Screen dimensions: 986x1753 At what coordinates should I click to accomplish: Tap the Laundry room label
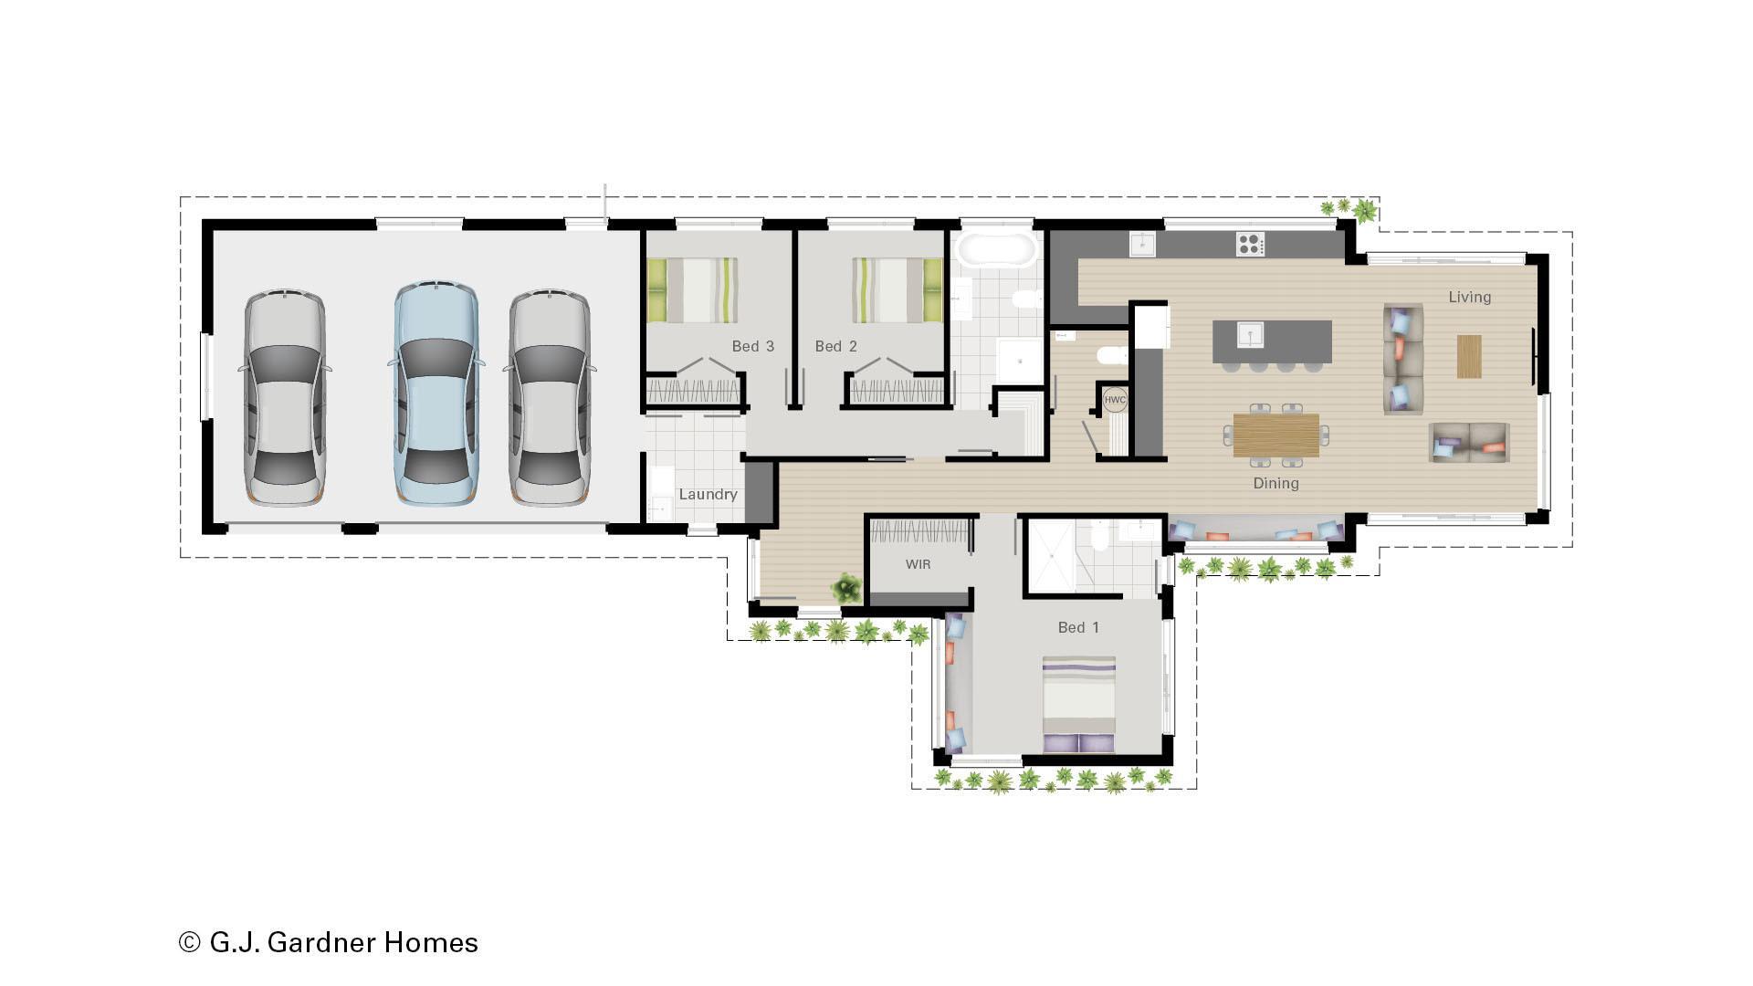(x=708, y=494)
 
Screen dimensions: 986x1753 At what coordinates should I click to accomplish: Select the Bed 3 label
(x=752, y=346)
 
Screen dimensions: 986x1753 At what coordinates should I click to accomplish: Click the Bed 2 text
(x=835, y=346)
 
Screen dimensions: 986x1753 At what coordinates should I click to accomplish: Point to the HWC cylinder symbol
(x=1115, y=400)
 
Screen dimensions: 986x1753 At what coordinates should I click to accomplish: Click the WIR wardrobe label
(x=918, y=564)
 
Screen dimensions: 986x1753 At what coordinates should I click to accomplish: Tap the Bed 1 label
(x=1078, y=627)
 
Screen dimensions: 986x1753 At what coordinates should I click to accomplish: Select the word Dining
(x=1275, y=483)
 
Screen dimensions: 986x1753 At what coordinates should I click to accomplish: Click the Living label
(x=1469, y=297)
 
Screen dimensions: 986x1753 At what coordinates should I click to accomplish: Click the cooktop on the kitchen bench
(x=1250, y=244)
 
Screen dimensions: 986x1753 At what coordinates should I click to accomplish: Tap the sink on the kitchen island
(x=1250, y=335)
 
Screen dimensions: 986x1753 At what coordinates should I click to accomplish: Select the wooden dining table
(x=1275, y=435)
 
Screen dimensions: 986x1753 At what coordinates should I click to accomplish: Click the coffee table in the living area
(x=1468, y=356)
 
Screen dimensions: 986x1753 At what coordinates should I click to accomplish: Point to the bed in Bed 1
(x=1078, y=703)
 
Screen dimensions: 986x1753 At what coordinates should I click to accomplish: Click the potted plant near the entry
(x=847, y=588)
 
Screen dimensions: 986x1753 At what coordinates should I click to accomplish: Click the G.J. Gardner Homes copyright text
(x=329, y=942)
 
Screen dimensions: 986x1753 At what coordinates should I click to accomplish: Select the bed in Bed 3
(x=692, y=289)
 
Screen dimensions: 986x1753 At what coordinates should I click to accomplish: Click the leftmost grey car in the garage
(x=285, y=397)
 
